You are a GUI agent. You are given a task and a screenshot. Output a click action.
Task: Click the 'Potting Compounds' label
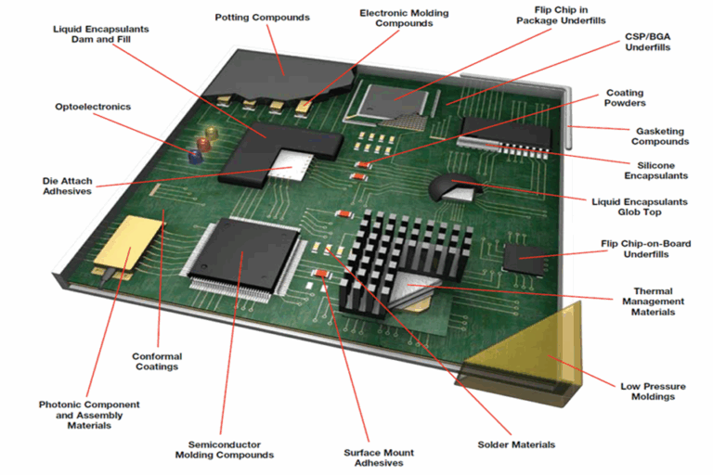click(x=262, y=18)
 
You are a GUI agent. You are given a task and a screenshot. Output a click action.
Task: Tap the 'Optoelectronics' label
click(x=93, y=107)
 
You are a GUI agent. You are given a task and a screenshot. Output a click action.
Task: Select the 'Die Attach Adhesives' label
click(x=68, y=186)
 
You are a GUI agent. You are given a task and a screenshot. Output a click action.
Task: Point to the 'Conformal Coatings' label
click(x=157, y=361)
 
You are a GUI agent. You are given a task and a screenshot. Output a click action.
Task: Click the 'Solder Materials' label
click(x=516, y=444)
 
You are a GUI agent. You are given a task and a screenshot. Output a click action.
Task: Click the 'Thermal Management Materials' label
click(x=658, y=302)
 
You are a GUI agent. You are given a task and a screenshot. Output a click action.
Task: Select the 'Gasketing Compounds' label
click(x=660, y=136)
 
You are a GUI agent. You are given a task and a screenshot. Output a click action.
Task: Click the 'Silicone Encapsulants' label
click(x=655, y=170)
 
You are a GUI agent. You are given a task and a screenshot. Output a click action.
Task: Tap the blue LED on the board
click(x=195, y=157)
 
